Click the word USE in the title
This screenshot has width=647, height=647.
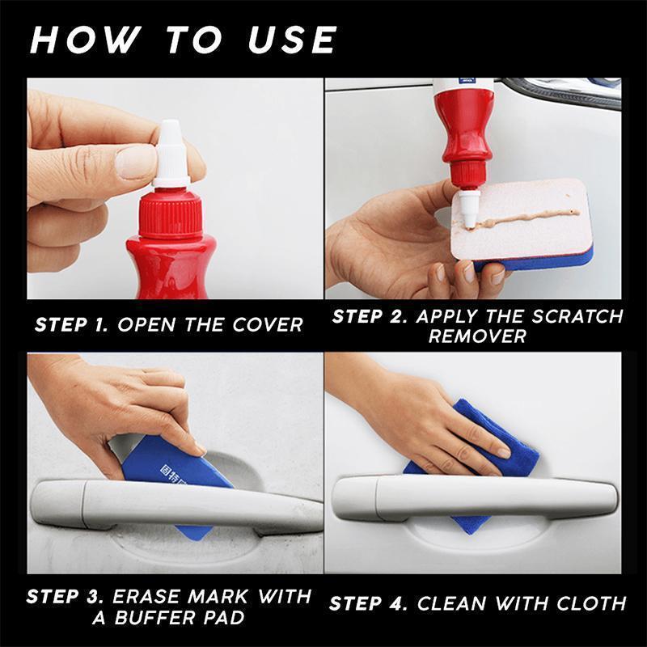coord(290,39)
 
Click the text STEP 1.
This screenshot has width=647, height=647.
coord(71,325)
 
